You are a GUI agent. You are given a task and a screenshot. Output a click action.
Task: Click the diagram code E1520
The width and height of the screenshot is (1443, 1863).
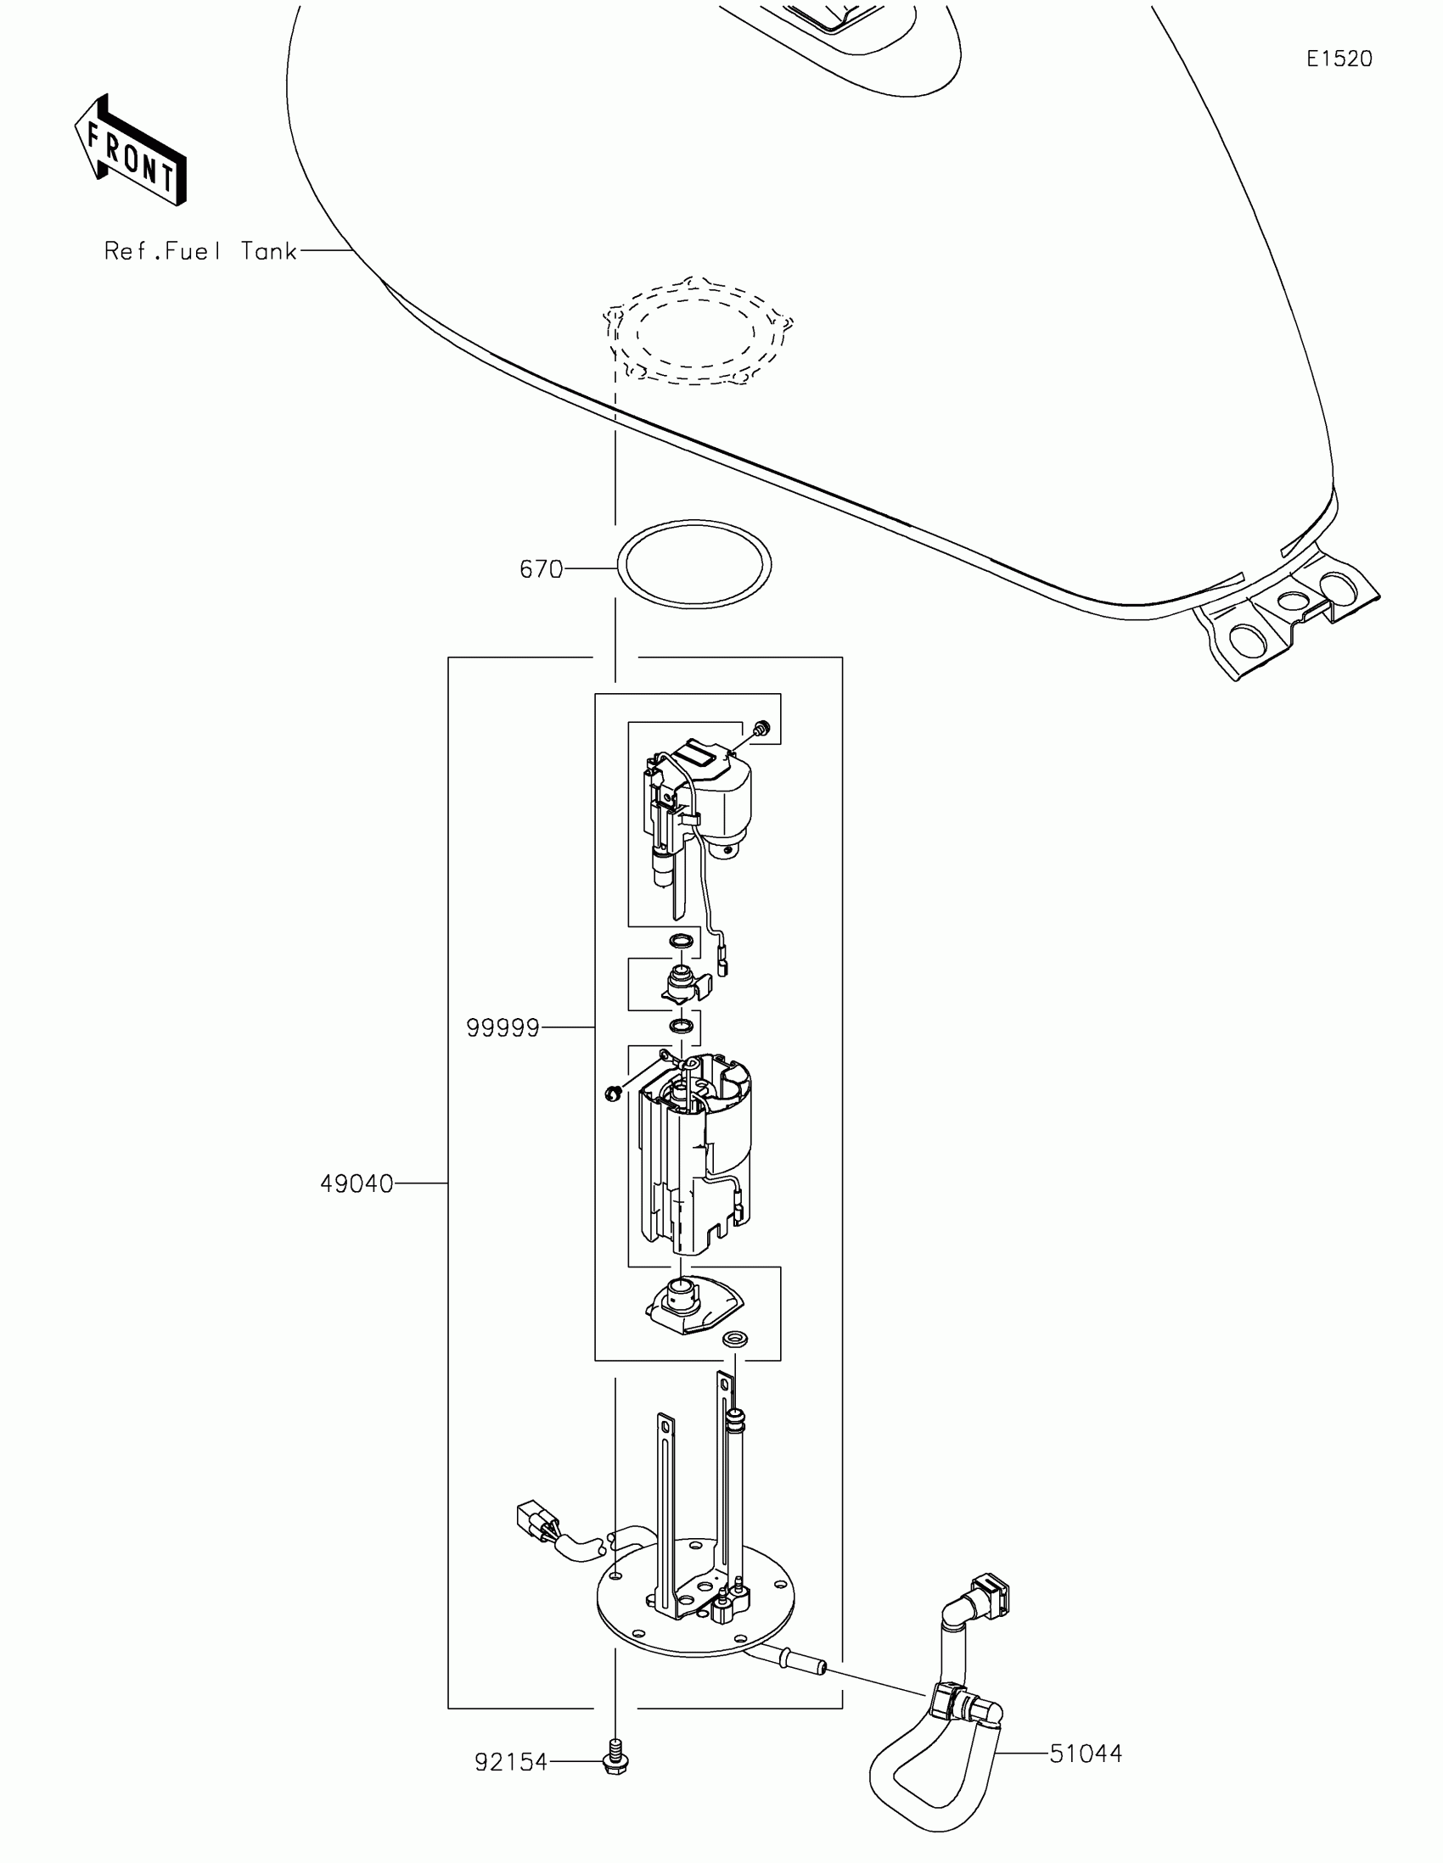point(1339,59)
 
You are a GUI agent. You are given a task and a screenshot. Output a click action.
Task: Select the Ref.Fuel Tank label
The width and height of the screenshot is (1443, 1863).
point(200,251)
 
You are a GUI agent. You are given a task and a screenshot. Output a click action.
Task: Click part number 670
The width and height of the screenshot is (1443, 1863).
point(541,569)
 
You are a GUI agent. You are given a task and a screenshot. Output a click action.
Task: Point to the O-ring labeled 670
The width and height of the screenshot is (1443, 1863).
point(694,565)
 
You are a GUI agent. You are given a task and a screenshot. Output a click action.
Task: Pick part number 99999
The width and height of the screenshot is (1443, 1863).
point(503,1029)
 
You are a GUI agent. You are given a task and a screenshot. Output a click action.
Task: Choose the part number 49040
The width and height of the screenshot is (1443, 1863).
point(357,1184)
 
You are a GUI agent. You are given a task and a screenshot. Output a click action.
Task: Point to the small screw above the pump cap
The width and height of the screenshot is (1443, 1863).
point(761,728)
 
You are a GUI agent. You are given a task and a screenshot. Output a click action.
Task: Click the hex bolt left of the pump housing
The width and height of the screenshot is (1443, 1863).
point(612,1094)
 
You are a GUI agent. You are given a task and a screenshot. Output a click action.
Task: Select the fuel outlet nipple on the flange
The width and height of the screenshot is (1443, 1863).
point(800,1661)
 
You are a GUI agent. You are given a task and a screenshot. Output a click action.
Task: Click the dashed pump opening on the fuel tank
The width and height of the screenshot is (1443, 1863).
point(697,331)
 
